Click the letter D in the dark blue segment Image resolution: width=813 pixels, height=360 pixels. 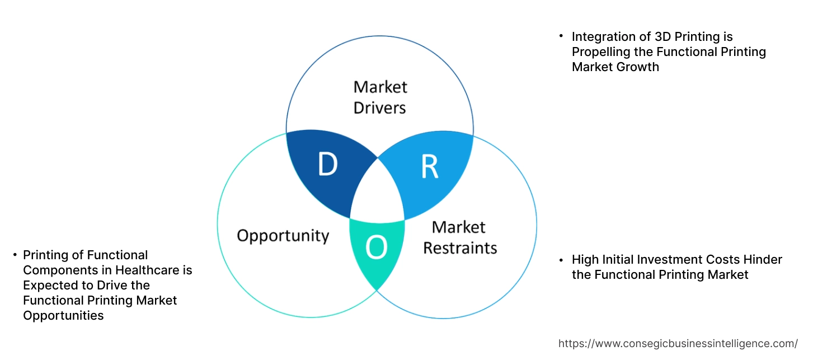coord(327,165)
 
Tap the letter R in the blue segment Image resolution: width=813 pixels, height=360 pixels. coord(429,166)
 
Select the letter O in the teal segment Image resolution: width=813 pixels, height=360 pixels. coord(376,248)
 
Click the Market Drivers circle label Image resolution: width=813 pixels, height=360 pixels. coord(380,97)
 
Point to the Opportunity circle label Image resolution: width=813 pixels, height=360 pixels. coord(283,235)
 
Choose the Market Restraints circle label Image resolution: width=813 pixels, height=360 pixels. coord(459,237)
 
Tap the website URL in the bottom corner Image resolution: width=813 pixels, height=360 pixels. coord(678,343)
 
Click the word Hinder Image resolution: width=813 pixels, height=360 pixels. coord(764,260)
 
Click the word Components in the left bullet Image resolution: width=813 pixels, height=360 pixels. coord(56,270)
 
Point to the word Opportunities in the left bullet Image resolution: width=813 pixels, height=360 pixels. coord(63,316)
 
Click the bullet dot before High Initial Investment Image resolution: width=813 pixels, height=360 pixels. coord(561,260)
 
